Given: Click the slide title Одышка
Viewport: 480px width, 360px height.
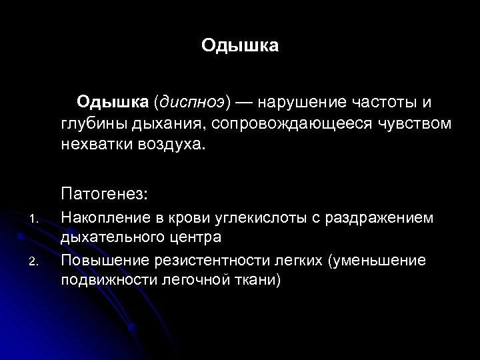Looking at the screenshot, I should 240,47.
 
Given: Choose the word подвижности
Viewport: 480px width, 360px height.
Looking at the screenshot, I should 109,279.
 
